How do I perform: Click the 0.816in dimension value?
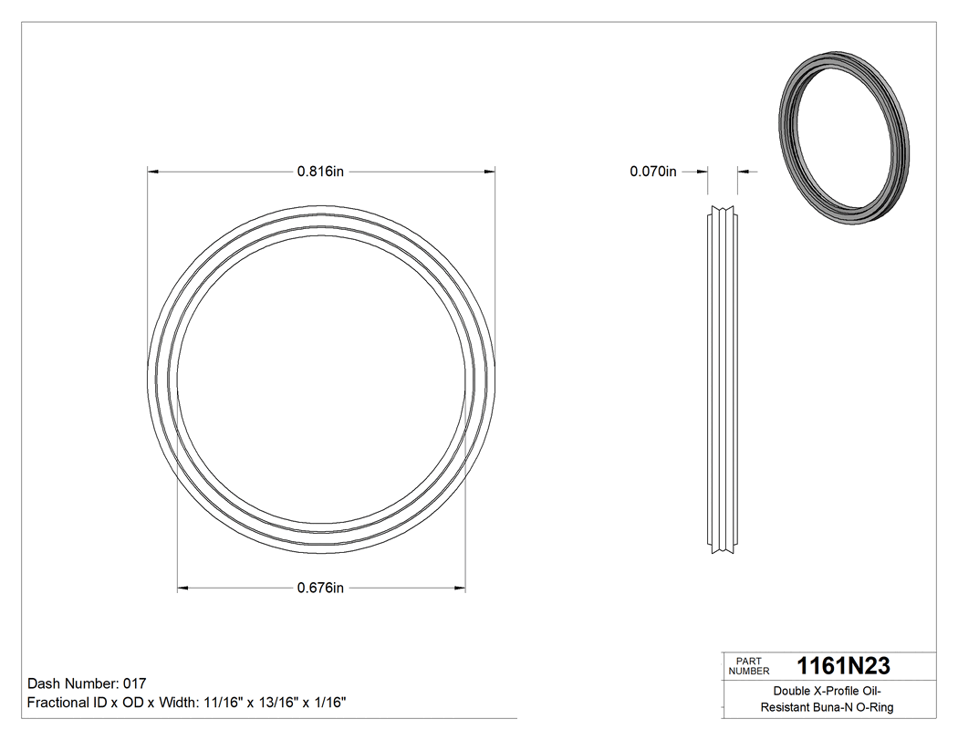[320, 171]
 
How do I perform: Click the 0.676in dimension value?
[320, 588]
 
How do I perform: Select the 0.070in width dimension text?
[653, 171]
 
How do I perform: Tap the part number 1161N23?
[843, 665]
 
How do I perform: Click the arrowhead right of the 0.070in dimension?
[743, 171]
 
